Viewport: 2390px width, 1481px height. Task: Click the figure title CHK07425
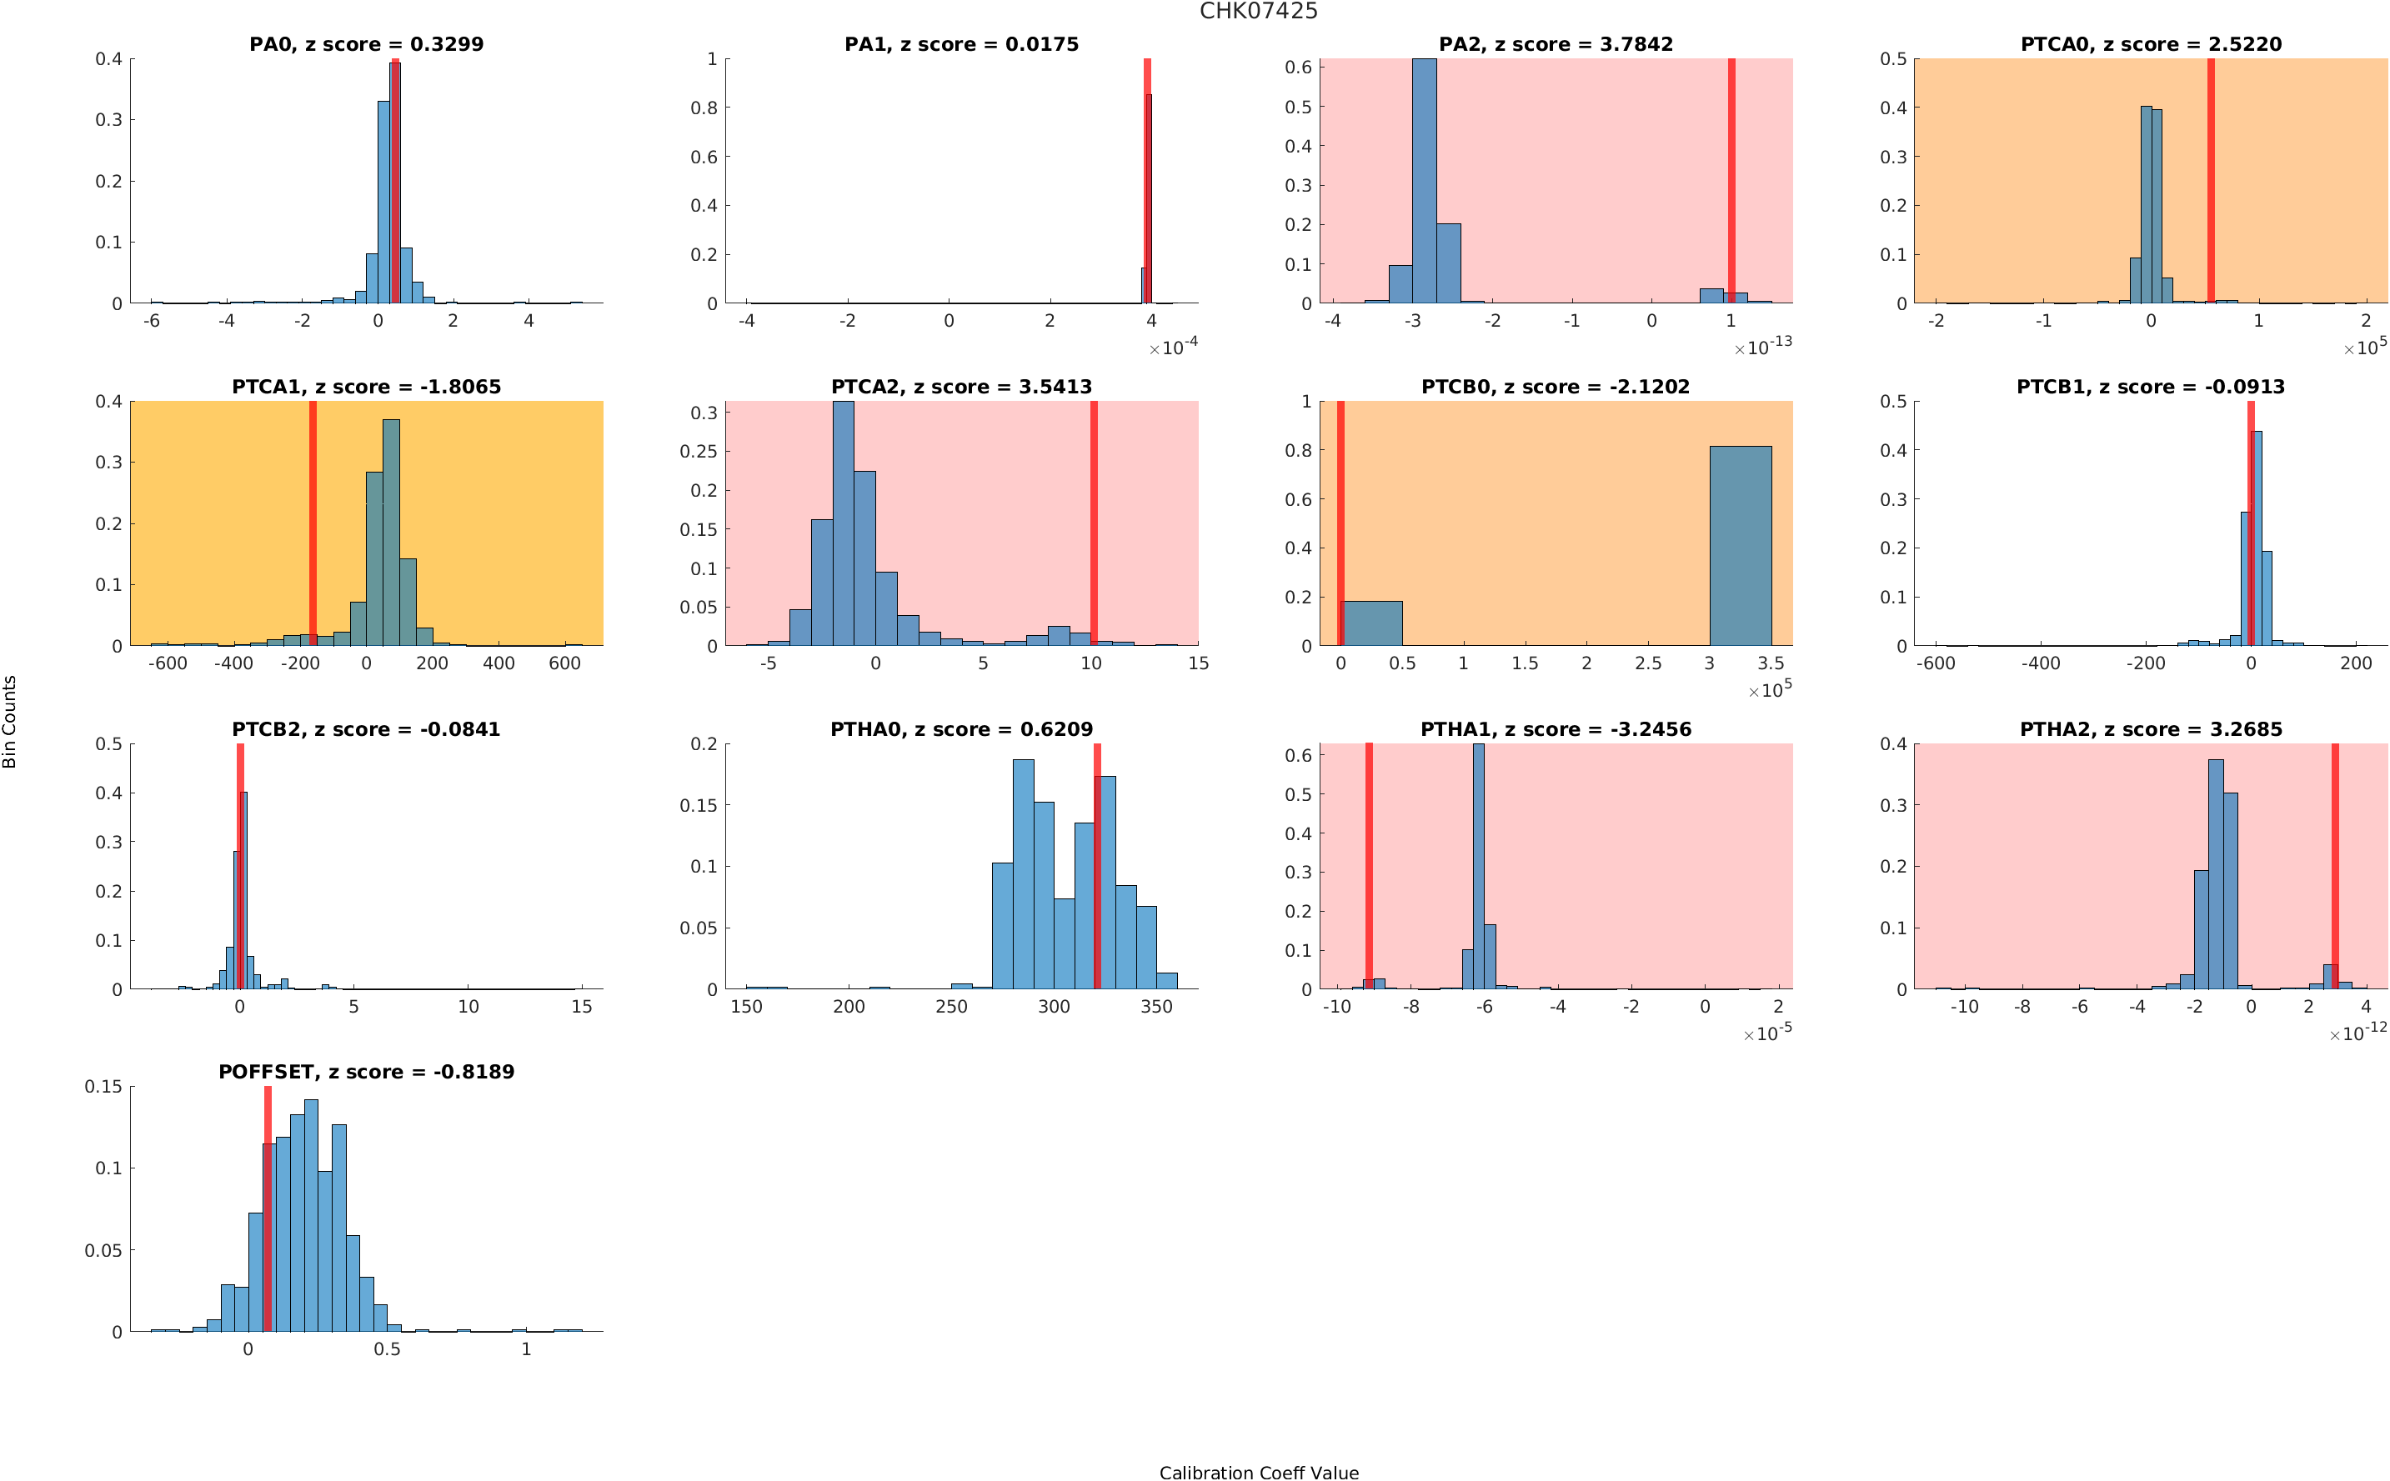1258,12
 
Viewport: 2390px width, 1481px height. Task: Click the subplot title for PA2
1555,44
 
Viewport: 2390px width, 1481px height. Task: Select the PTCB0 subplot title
1555,387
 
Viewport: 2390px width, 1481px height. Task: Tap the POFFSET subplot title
365,1072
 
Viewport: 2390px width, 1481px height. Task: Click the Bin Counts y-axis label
10,721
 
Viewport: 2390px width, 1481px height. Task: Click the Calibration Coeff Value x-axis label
1258,1472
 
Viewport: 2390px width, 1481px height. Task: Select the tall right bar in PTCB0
1740,546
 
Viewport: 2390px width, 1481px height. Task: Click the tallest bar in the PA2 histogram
1424,181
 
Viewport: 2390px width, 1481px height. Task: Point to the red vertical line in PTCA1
313,523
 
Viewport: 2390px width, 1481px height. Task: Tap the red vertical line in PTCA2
1093,523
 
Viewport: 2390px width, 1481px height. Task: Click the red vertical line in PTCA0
2211,180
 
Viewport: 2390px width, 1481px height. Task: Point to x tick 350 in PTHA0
1155,1006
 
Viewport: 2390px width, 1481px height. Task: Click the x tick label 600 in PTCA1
564,663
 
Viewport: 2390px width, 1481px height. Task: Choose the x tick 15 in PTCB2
582,1006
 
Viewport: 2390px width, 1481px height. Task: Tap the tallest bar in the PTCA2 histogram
842,523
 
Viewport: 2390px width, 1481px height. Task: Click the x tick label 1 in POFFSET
526,1348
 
